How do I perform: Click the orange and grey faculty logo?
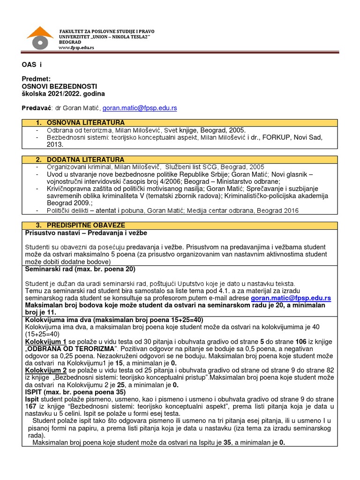pyautogui.click(x=40, y=38)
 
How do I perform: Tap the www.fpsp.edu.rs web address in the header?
pyautogui.click(x=76, y=48)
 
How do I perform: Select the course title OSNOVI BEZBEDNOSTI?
pyautogui.click(x=60, y=87)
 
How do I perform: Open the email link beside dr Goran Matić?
pyautogui.click(x=140, y=108)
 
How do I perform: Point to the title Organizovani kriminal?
pyautogui.click(x=76, y=167)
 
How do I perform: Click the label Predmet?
pyautogui.click(x=36, y=80)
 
